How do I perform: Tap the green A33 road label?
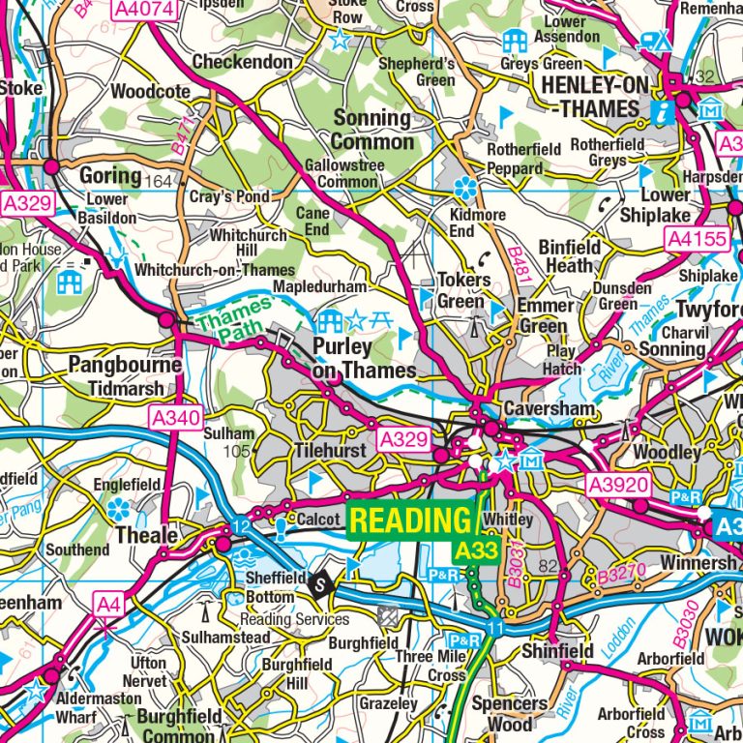pyautogui.click(x=474, y=550)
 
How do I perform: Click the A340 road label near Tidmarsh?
pyautogui.click(x=175, y=418)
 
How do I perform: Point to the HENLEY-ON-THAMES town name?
pyautogui.click(x=595, y=97)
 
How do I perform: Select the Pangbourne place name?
pyautogui.click(x=124, y=366)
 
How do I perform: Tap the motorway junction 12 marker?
pyautogui.click(x=240, y=525)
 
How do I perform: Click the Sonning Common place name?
pyautogui.click(x=372, y=130)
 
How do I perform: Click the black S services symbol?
pyautogui.click(x=318, y=582)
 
